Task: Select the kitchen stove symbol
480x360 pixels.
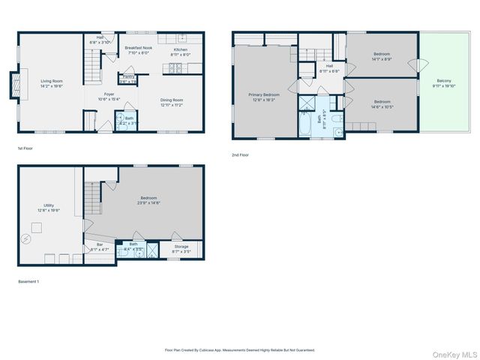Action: click(x=178, y=69)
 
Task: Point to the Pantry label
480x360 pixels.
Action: click(x=128, y=76)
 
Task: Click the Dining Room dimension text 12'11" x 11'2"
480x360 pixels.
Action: click(x=172, y=105)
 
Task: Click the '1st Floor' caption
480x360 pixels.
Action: click(x=25, y=148)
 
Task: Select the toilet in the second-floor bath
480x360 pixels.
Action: click(x=337, y=118)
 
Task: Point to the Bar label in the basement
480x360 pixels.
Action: click(x=99, y=244)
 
